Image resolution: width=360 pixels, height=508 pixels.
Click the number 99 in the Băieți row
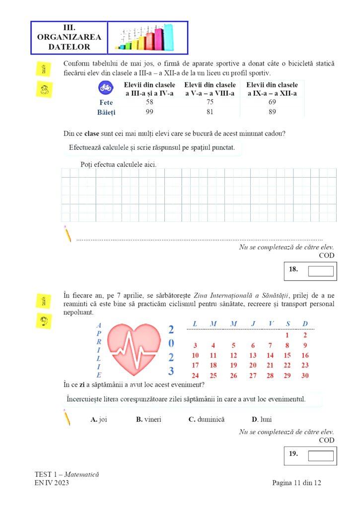[x=149, y=112]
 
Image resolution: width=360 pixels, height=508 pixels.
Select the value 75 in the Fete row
[x=210, y=102]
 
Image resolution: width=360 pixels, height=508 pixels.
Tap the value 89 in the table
[x=272, y=112]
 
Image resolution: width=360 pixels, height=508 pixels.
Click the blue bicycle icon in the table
[x=105, y=87]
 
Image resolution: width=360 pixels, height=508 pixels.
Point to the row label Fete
[x=107, y=102]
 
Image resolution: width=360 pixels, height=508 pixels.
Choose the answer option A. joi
[x=99, y=419]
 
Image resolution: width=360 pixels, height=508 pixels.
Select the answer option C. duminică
[x=206, y=419]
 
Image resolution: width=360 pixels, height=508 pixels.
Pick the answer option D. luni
[x=262, y=419]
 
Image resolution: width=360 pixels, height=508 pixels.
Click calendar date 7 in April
[x=270, y=346]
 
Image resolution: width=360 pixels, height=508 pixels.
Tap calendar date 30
[x=305, y=376]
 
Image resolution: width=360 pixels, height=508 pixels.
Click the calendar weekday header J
[x=253, y=324]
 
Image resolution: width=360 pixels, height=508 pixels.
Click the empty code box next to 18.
[x=321, y=271]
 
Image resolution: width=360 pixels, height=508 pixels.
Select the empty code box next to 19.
[x=321, y=455]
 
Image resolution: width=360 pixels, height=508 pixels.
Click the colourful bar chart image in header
[x=147, y=38]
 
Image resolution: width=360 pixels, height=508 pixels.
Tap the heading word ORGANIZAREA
[x=69, y=37]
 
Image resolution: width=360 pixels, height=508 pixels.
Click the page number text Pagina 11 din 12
[x=296, y=483]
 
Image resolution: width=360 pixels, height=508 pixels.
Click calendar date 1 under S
[x=288, y=335]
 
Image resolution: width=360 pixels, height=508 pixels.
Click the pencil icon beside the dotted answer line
[x=67, y=234]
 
